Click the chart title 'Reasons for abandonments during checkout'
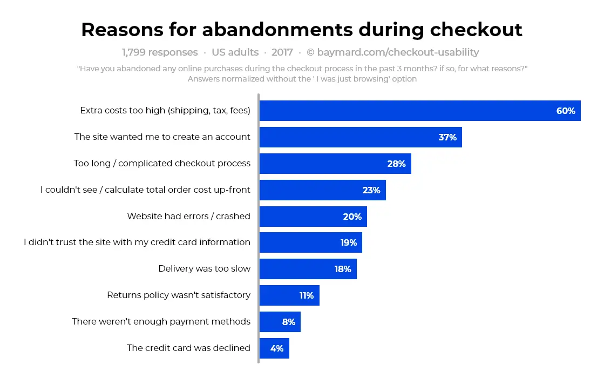point(302,30)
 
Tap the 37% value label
point(447,137)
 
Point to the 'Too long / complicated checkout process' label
point(162,163)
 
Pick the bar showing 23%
point(322,190)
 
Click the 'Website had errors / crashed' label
point(188,216)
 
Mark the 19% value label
point(349,243)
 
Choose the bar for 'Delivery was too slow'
point(308,269)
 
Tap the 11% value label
point(307,295)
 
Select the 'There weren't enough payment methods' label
point(161,321)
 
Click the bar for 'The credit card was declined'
point(274,348)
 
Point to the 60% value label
point(566,111)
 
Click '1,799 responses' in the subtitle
point(160,52)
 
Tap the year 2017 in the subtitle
point(282,52)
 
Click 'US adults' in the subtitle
point(235,52)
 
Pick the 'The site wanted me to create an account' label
point(162,137)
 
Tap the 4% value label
point(277,348)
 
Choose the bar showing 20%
point(313,217)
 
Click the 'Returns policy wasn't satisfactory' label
point(179,295)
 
